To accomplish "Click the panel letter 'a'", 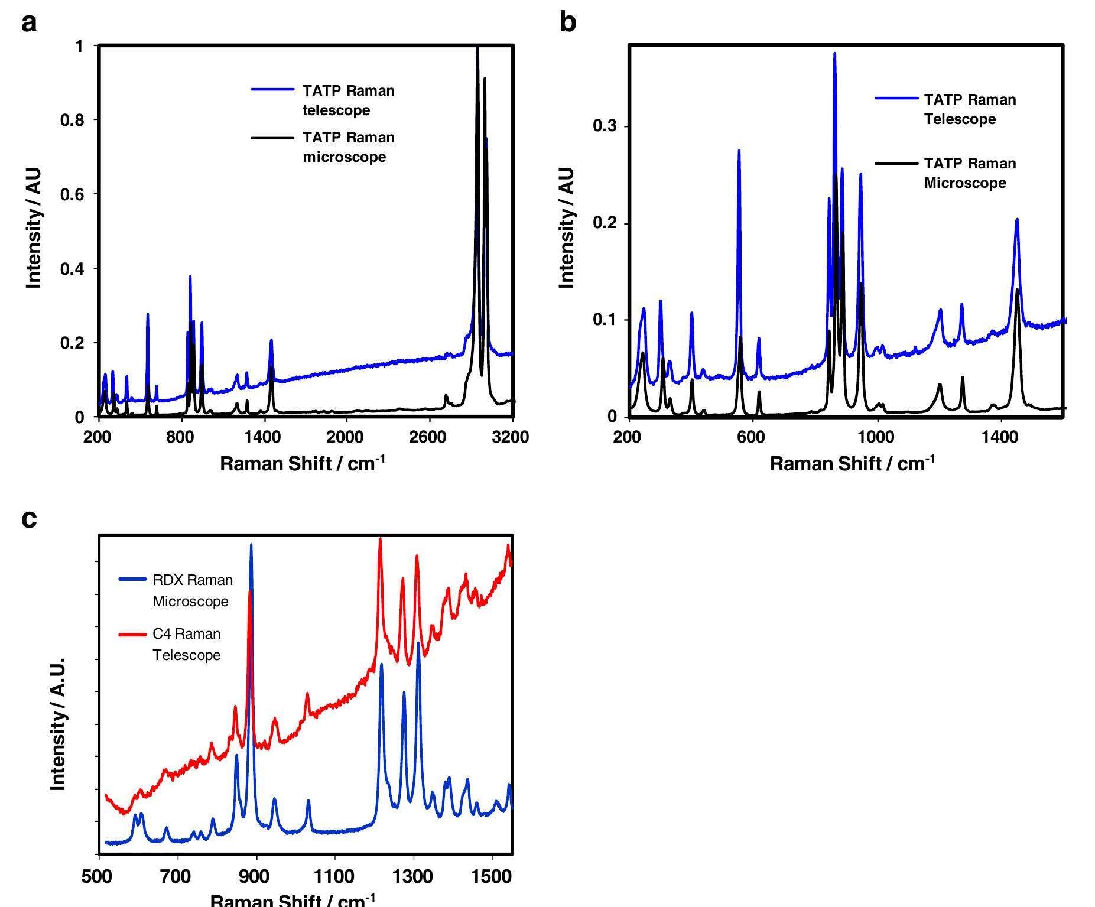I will (28, 24).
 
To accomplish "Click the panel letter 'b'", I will (567, 24).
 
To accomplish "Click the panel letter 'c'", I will (28, 519).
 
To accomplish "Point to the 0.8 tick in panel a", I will (72, 121).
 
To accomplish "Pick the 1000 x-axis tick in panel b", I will (876, 437).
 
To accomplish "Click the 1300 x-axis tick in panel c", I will (413, 876).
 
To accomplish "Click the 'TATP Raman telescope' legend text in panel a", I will (348, 100).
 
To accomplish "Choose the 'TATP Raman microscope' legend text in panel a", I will (348, 147).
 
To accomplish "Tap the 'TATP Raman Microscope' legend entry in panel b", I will (969, 173).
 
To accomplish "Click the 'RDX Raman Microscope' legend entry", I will (192, 590).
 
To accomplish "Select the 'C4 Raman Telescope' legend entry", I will (186, 644).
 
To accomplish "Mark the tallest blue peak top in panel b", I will (834, 54).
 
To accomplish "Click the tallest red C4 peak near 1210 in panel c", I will (380, 539).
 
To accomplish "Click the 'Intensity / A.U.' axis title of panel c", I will (57, 724).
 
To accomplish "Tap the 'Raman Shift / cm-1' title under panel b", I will (852, 463).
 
